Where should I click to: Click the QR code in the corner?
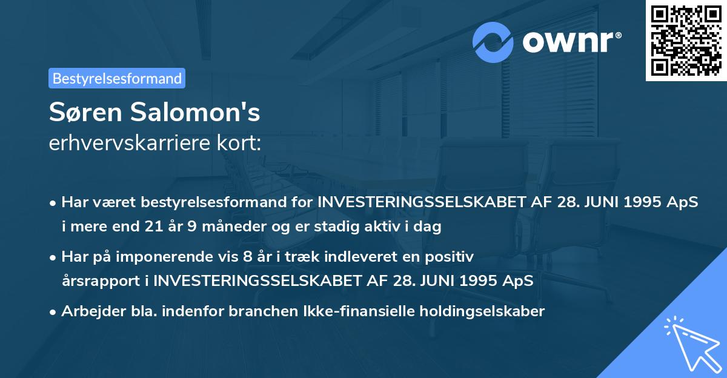tap(686, 40)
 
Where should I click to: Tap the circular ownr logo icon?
tap(493, 42)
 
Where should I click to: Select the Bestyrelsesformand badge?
tap(117, 78)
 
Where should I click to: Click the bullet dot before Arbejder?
tap(54, 312)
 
